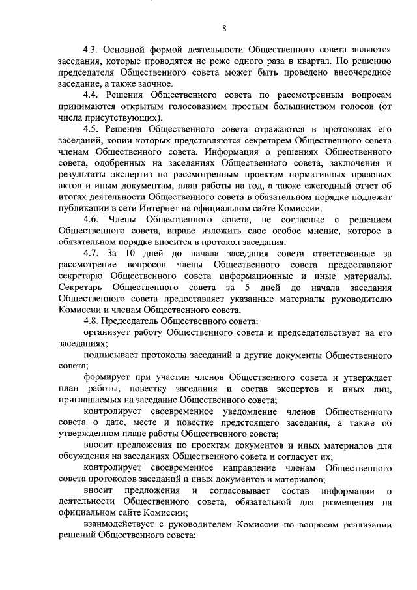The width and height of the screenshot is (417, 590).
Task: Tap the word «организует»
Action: click(x=108, y=332)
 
